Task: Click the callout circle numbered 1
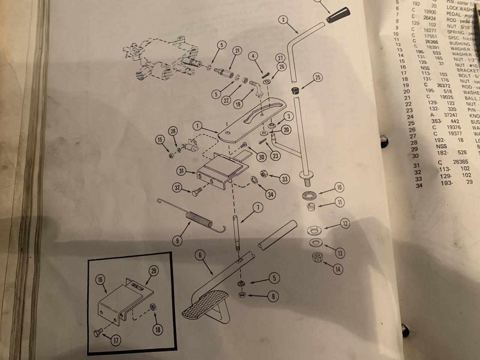point(198,126)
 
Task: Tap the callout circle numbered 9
point(178,240)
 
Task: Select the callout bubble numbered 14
point(338,269)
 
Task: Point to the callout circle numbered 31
point(181,171)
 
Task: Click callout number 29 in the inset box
point(153,271)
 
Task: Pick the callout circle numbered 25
point(318,78)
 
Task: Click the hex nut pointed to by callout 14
point(316,258)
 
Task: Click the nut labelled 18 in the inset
point(153,307)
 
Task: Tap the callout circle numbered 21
point(237,51)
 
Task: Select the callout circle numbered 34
point(270,195)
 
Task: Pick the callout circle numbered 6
point(200,255)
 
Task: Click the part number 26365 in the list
point(460,162)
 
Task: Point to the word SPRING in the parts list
point(455,32)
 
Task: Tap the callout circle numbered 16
point(100,279)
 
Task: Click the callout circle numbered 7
point(258,207)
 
